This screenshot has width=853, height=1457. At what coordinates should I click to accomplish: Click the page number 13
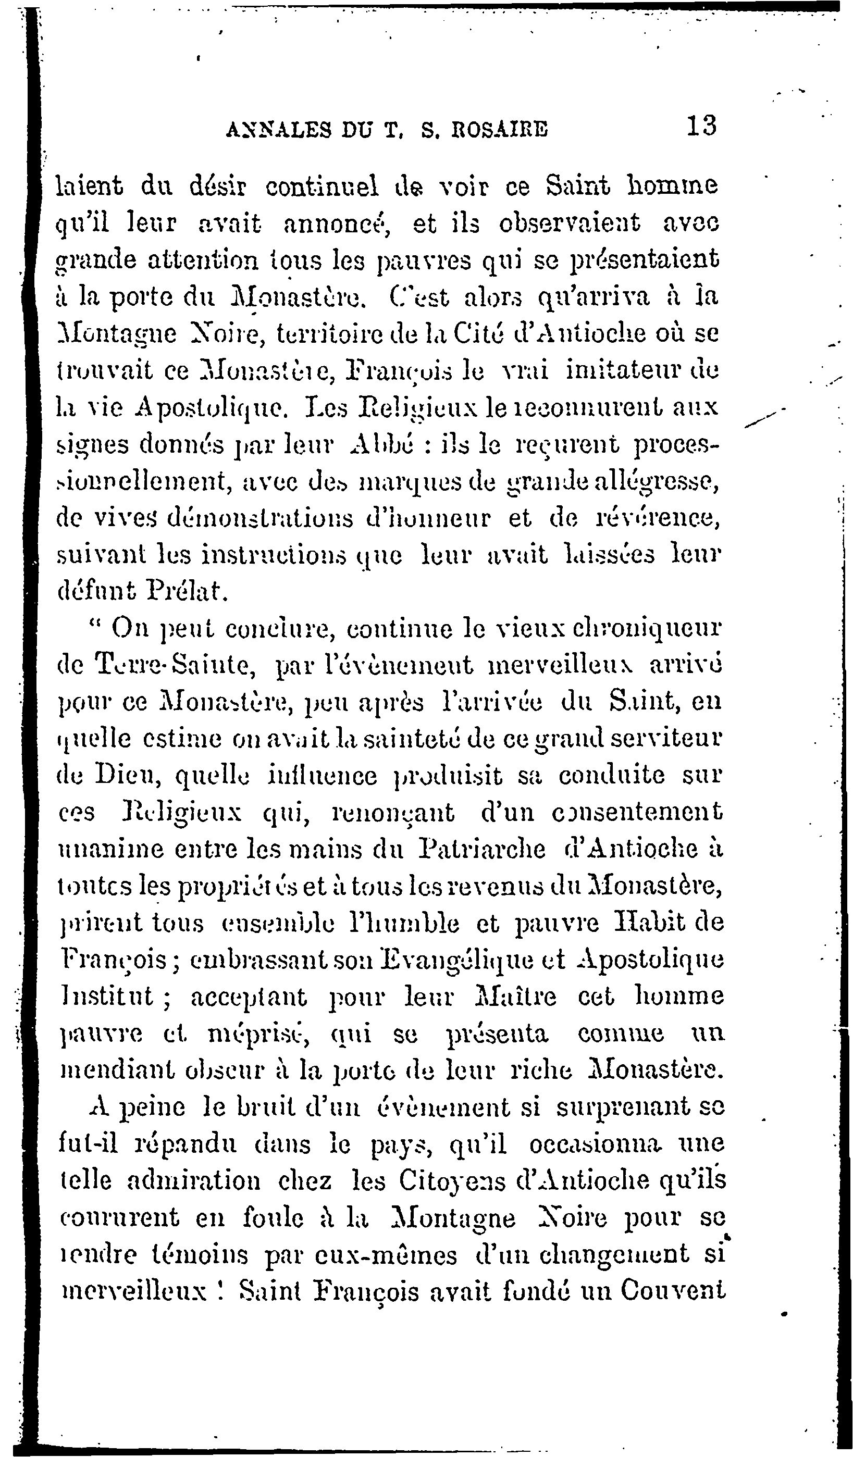click(x=701, y=126)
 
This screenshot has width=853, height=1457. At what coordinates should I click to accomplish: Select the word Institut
click(x=107, y=998)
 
